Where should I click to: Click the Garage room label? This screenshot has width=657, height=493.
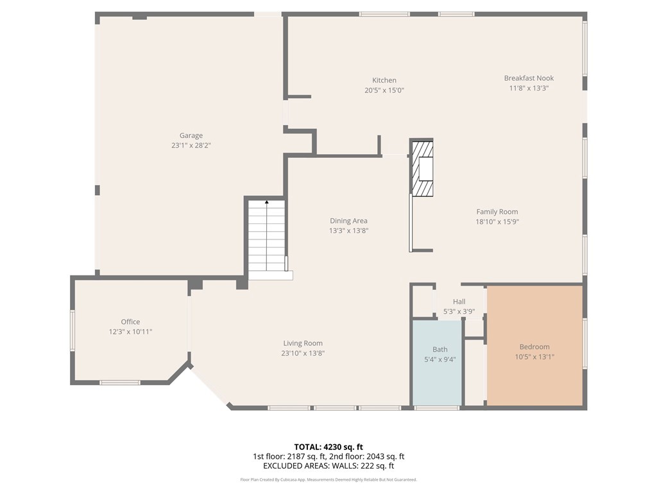pyautogui.click(x=191, y=135)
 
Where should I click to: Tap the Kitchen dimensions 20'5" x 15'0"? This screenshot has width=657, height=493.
pyautogui.click(x=384, y=90)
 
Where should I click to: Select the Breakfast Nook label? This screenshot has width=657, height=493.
pyautogui.click(x=529, y=78)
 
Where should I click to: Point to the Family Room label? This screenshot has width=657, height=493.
pyautogui.click(x=497, y=212)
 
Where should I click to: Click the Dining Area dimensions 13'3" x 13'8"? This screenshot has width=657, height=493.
pyautogui.click(x=348, y=230)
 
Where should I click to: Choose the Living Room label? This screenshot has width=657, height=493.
pyautogui.click(x=303, y=343)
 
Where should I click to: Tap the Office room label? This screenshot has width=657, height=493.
pyautogui.click(x=130, y=322)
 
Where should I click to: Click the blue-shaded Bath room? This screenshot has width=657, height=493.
pyautogui.click(x=438, y=363)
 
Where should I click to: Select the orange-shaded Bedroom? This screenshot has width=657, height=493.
pyautogui.click(x=534, y=346)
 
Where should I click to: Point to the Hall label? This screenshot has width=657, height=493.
pyautogui.click(x=459, y=302)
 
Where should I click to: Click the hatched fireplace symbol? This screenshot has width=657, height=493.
pyautogui.click(x=422, y=169)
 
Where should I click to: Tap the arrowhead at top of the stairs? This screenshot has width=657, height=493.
pyautogui.click(x=266, y=202)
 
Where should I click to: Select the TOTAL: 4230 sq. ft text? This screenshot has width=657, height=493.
pyautogui.click(x=328, y=447)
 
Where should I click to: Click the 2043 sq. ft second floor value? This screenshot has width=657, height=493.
pyautogui.click(x=386, y=456)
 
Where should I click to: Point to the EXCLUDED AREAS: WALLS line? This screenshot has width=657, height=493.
pyautogui.click(x=328, y=466)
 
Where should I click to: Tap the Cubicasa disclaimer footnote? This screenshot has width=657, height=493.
pyautogui.click(x=328, y=480)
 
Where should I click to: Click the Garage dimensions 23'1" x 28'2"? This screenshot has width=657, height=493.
pyautogui.click(x=191, y=146)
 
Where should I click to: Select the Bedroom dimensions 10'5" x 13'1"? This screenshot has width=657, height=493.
pyautogui.click(x=534, y=357)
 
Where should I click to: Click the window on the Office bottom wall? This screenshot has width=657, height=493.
pyautogui.click(x=119, y=383)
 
